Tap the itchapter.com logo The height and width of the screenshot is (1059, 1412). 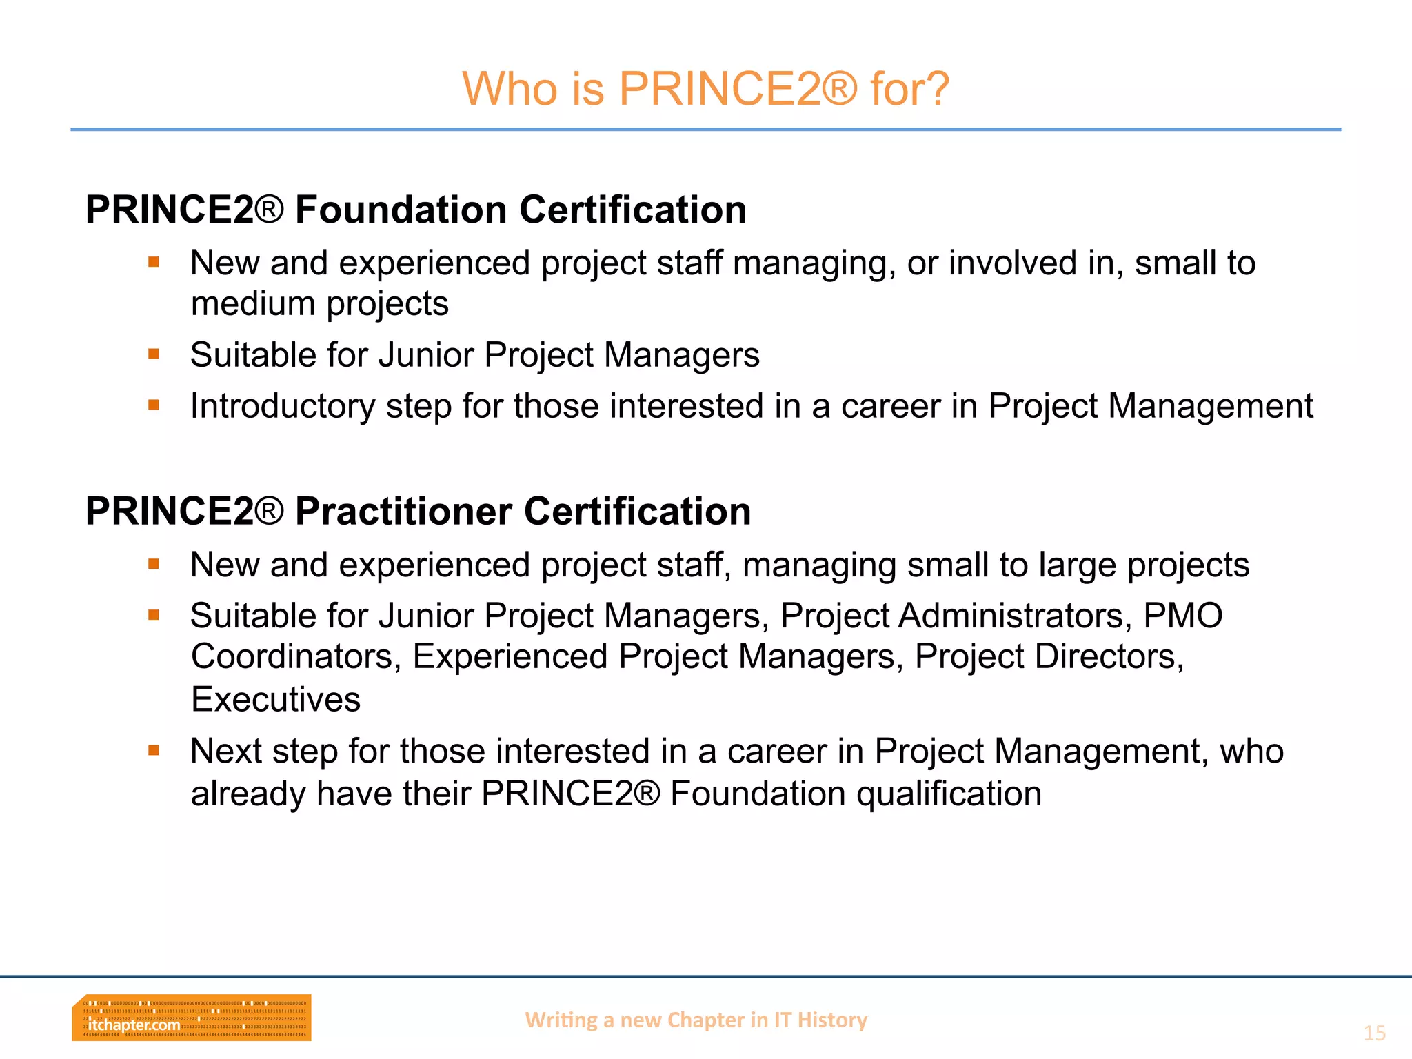192,1018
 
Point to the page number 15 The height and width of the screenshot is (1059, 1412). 1374,1033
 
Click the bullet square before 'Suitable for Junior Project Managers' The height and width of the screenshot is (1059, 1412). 154,354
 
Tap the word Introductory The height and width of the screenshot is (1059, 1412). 282,406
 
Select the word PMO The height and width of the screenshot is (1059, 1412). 1183,616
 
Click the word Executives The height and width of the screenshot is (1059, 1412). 276,699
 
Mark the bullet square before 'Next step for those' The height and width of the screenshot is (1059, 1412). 154,750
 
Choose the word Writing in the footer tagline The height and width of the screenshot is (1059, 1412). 561,1020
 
